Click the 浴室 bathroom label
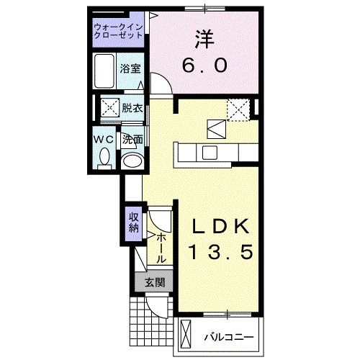click(x=130, y=69)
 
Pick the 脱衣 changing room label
click(x=132, y=109)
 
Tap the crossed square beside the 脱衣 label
click(x=110, y=109)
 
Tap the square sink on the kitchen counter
click(x=210, y=151)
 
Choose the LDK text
click(x=220, y=228)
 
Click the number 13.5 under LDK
click(x=220, y=253)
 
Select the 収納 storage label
click(x=134, y=222)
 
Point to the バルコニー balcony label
click(x=227, y=336)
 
